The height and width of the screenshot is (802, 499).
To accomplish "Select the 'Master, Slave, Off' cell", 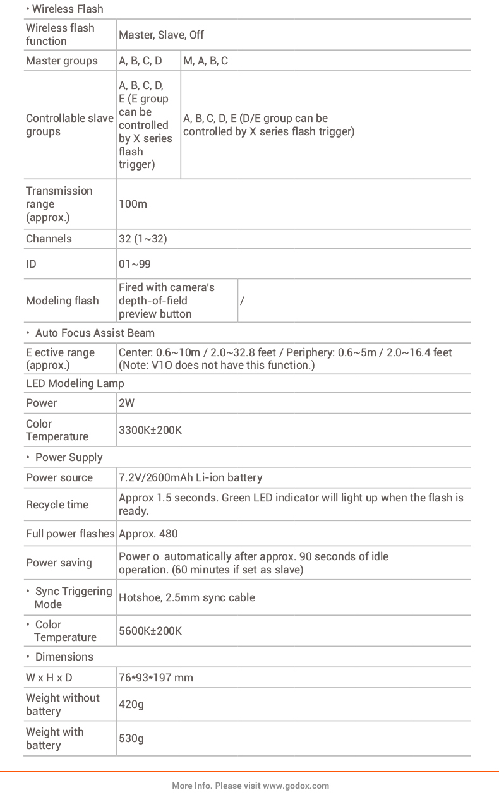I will (x=161, y=35).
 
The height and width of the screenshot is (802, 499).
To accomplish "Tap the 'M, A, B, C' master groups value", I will (x=205, y=61).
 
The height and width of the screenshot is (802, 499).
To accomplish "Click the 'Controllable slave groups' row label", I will (x=69, y=125).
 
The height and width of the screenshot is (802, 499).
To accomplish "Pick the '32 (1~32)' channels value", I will (x=143, y=239).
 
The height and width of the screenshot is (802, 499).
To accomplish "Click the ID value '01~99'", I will (x=135, y=264).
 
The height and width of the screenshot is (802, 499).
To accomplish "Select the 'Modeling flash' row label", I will (x=62, y=301).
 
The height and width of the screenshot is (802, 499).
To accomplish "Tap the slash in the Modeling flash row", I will (x=242, y=301).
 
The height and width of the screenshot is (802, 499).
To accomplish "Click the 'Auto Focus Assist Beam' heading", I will (x=95, y=333).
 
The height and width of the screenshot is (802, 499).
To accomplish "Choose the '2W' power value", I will (x=126, y=403).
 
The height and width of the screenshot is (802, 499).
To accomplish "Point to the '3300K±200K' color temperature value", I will (x=150, y=430).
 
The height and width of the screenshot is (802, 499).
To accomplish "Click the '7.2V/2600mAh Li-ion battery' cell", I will (x=190, y=477).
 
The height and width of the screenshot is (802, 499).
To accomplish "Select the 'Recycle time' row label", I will (x=57, y=505).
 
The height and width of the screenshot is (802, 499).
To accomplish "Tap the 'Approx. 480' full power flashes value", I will (x=148, y=534).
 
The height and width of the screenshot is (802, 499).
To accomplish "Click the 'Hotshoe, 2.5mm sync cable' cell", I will (x=187, y=597).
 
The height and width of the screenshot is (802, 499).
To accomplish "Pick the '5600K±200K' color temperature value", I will (x=150, y=631).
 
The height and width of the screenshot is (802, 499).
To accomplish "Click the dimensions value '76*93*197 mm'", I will (x=156, y=678).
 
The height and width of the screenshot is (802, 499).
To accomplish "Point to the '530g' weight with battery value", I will (x=131, y=738).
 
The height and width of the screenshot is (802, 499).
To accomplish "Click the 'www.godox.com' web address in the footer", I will (x=296, y=786).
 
